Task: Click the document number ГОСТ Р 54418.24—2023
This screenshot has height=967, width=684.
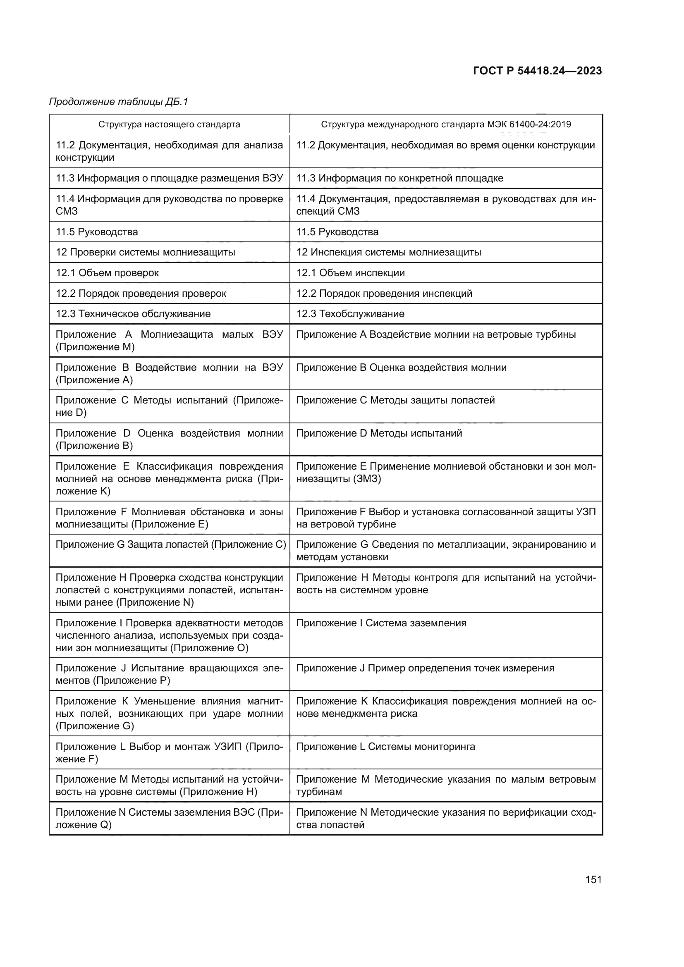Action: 537,71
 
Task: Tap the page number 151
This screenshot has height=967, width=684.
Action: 593,879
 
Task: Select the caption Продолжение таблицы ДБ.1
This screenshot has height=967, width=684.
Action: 118,102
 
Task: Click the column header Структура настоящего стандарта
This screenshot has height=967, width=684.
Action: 169,124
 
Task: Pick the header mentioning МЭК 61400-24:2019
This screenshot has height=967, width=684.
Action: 446,124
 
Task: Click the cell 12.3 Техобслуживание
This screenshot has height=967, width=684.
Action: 350,314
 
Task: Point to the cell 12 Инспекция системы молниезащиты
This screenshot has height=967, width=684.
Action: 388,252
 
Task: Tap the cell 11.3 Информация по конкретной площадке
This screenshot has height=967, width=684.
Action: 399,178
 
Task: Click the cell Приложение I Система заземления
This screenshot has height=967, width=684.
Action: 381,623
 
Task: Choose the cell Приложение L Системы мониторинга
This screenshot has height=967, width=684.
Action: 385,747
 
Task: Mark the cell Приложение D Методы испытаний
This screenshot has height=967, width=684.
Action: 379,433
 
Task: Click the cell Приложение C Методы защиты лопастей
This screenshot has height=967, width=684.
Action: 395,400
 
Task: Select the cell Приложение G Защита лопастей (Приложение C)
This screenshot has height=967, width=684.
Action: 170,544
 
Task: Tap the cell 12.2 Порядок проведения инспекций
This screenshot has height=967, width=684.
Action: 384,294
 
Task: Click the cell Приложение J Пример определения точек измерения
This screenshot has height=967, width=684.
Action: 425,669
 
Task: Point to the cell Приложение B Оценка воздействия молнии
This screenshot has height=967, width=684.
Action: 401,367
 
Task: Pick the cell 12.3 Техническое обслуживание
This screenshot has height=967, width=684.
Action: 133,314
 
